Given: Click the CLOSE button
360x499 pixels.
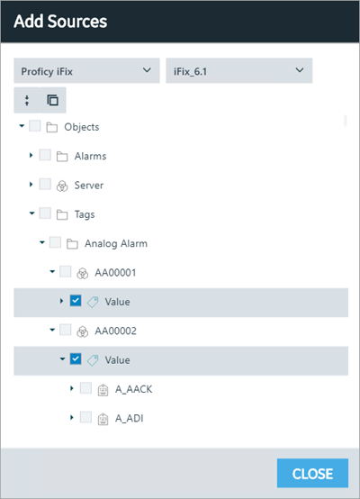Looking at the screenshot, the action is coord(312,473).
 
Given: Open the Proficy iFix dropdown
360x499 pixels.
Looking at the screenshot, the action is coord(86,70).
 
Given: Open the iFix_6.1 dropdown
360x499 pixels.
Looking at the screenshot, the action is coord(238,70).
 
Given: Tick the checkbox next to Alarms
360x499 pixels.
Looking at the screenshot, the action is coord(45,155).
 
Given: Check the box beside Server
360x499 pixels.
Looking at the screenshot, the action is coord(45,185).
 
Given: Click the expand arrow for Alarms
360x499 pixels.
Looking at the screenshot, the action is coord(31,155).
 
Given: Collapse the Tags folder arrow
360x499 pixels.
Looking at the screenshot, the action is coord(31,213).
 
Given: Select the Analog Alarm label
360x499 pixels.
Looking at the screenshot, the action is coord(116,243).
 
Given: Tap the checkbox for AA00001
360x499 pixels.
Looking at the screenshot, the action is coord(65,272).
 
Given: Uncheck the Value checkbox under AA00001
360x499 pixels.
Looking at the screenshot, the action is coord(76,301).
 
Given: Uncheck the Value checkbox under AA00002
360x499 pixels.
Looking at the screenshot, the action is coord(76,359).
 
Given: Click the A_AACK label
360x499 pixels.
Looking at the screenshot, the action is coord(133,389).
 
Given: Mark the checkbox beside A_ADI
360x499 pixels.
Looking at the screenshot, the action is coord(85,417).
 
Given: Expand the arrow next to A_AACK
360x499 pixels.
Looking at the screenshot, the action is coord(72,388).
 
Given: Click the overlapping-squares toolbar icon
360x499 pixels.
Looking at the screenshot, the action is coord(53,100).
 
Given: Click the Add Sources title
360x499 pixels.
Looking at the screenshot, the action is coord(60,22).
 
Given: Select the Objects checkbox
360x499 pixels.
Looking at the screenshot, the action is coord(35,126).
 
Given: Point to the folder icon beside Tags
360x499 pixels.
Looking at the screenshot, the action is coord(62,214).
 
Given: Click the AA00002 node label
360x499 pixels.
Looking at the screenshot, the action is coord(116,331).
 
